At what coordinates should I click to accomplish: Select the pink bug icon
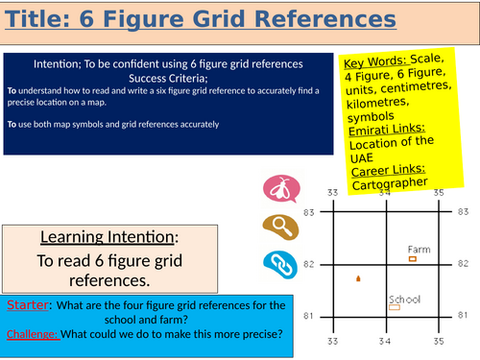coord(276,190)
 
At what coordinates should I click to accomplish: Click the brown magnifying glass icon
coord(276,227)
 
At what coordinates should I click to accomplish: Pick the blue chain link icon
coord(276,262)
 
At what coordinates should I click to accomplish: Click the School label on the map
coord(404,299)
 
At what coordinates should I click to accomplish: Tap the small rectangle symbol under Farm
coord(413,258)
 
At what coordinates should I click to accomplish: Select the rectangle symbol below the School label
coord(395,309)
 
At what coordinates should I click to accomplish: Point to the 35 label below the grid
coord(439,340)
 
